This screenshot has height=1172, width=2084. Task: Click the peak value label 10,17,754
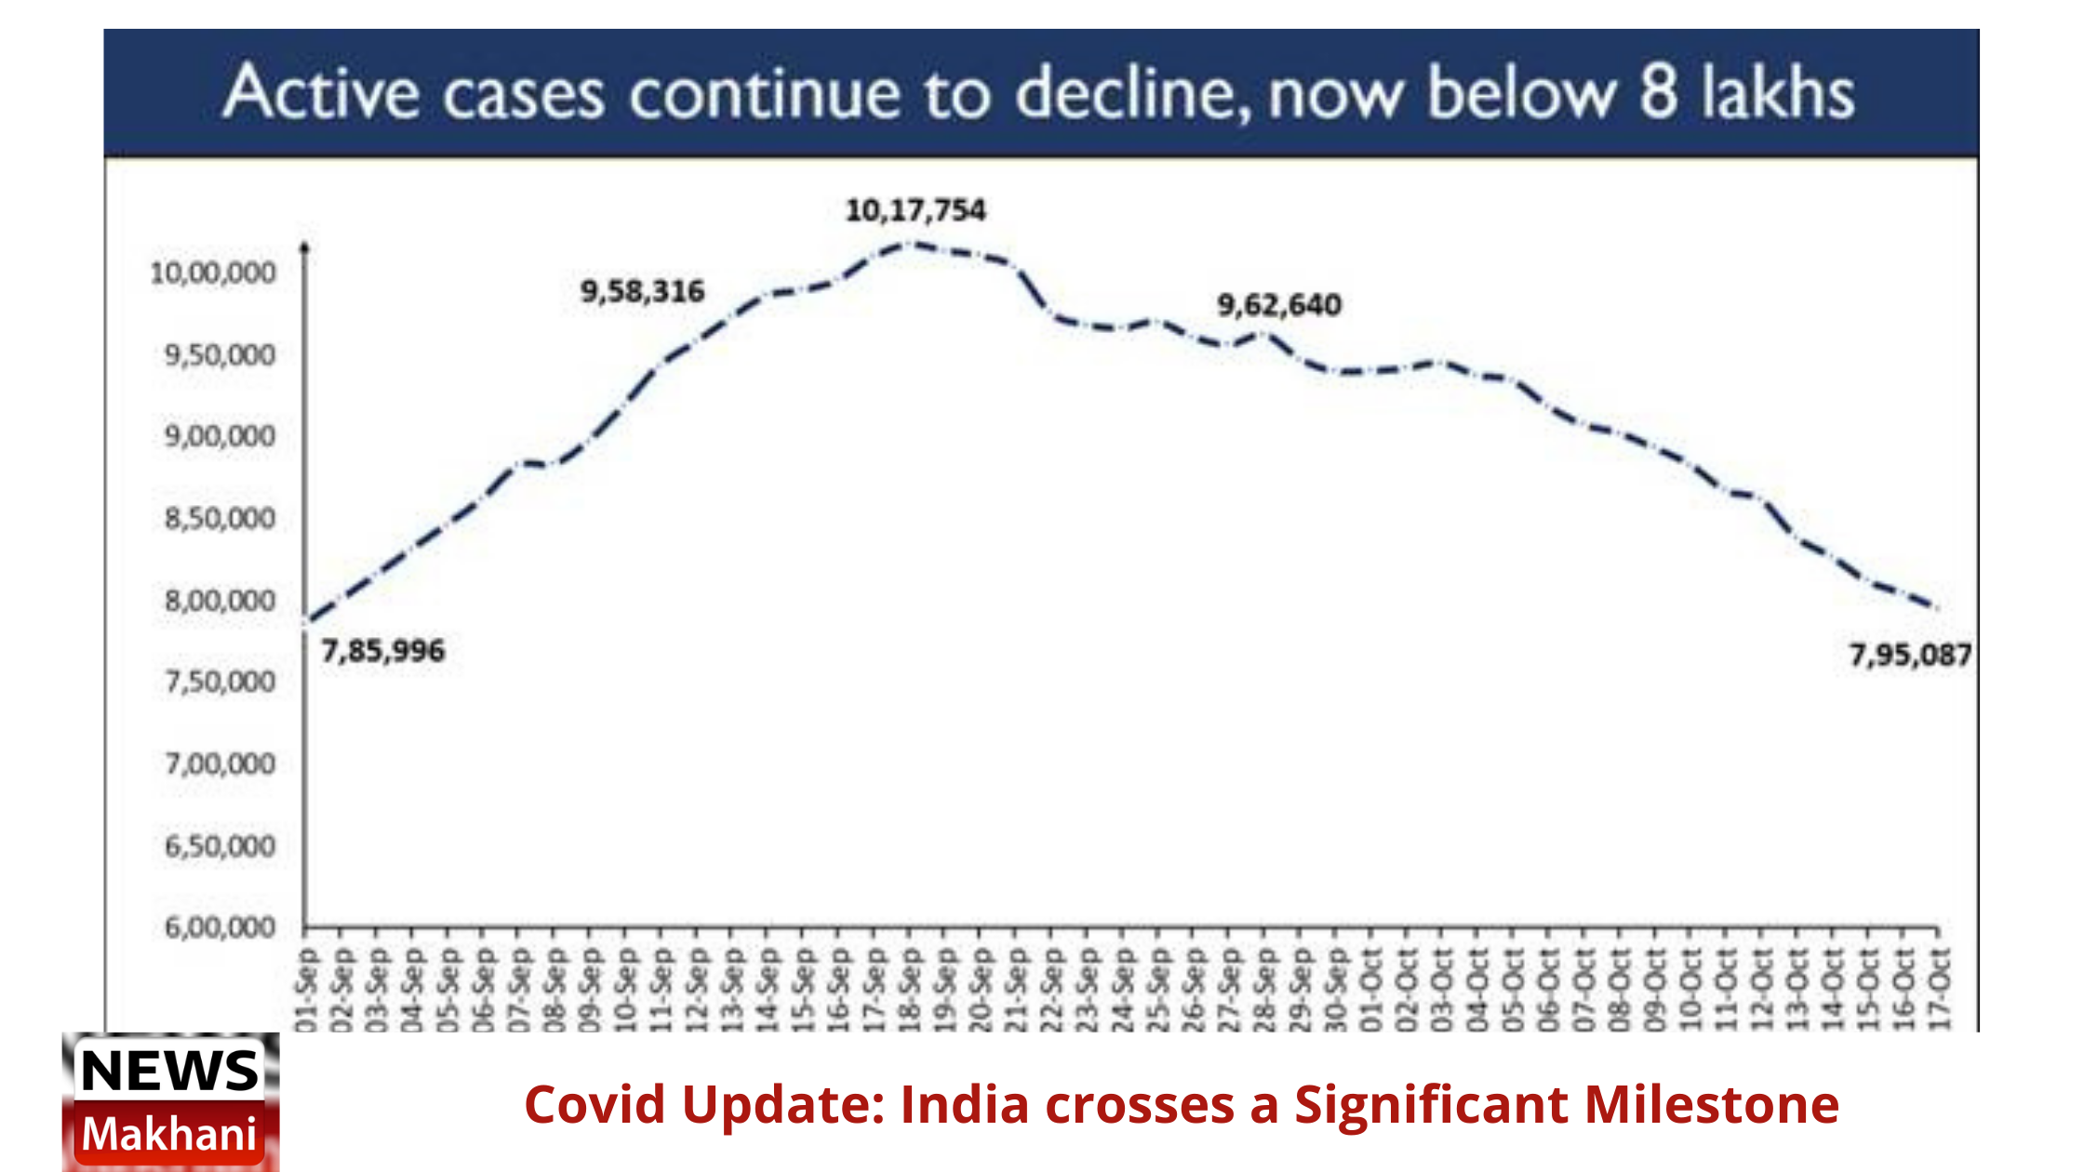[915, 210]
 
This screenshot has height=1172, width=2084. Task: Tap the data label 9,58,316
[642, 292]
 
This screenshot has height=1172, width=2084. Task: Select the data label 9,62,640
[1279, 305]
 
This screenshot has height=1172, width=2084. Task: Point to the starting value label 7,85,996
[383, 651]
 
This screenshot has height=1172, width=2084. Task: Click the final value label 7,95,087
[1909, 656]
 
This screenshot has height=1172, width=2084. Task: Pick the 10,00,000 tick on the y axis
[213, 273]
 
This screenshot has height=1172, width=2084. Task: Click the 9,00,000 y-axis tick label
[220, 436]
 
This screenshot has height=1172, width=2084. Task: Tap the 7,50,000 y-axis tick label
[220, 682]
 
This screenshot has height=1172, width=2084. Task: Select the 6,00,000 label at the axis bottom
[220, 927]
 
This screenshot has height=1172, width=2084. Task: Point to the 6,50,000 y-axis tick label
[220, 846]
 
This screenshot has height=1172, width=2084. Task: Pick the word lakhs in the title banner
[1777, 93]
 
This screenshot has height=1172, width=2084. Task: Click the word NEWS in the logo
[169, 1070]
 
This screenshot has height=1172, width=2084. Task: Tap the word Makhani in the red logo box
[169, 1134]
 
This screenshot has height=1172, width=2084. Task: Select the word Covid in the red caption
[594, 1104]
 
